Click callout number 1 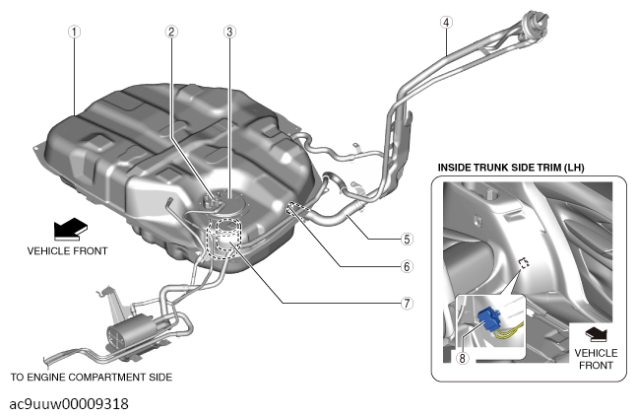click(74, 32)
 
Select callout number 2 click(171, 32)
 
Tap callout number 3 click(229, 32)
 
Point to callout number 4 click(446, 23)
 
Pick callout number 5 click(407, 239)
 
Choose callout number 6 click(407, 266)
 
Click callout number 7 click(407, 303)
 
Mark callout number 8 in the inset click(462, 358)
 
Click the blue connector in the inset click(489, 319)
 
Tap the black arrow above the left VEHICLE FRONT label click(71, 229)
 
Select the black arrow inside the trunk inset click(597, 334)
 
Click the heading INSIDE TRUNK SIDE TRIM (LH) click(511, 168)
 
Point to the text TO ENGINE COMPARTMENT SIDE click(92, 378)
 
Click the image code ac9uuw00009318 click(69, 404)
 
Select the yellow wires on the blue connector click(509, 329)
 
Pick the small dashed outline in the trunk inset click(525, 262)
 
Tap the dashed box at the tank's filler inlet click(299, 211)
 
